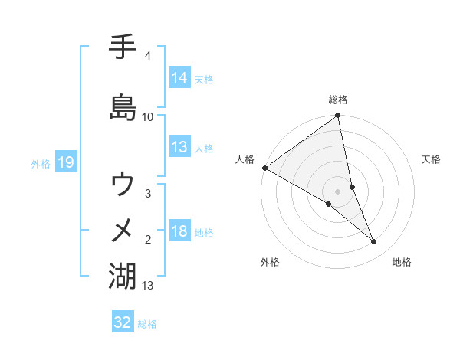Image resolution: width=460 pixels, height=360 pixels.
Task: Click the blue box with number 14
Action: pyautogui.click(x=179, y=78)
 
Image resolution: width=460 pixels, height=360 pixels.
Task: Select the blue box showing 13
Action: pyautogui.click(x=179, y=147)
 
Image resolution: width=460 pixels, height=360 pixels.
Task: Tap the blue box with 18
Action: pyautogui.click(x=179, y=231)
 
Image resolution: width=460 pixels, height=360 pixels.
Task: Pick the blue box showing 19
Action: pyautogui.click(x=64, y=162)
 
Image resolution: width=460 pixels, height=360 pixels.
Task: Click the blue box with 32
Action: pyautogui.click(x=123, y=322)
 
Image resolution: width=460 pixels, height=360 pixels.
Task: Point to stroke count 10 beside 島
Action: pyautogui.click(x=148, y=116)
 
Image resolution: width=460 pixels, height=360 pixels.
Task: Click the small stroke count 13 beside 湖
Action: pyautogui.click(x=148, y=286)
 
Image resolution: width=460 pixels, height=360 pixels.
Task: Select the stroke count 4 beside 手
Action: pyautogui.click(x=147, y=57)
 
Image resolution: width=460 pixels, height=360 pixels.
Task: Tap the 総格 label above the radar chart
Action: pyautogui.click(x=338, y=100)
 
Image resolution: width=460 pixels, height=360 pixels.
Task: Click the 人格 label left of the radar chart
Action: pyautogui.click(x=245, y=159)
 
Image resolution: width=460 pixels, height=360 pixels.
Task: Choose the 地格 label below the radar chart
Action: pyautogui.click(x=402, y=262)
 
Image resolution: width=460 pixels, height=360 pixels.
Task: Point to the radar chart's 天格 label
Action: pyautogui.click(x=431, y=159)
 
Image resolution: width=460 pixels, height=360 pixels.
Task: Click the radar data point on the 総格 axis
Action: pyautogui.click(x=338, y=116)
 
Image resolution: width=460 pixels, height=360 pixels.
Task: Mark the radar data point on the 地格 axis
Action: pyautogui.click(x=374, y=242)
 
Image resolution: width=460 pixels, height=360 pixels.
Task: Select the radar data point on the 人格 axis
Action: pyautogui.click(x=264, y=168)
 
